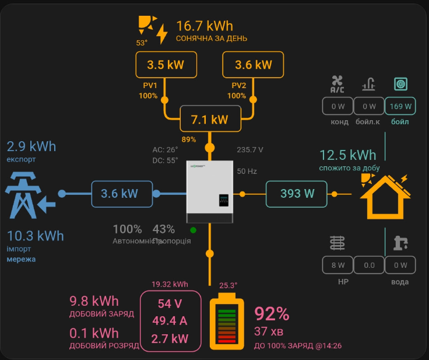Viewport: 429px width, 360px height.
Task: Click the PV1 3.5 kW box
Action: tap(166, 65)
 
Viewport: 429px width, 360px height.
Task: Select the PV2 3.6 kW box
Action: tap(254, 65)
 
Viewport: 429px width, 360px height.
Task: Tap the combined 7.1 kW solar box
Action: tap(210, 120)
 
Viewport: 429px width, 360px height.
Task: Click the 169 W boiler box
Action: tap(400, 106)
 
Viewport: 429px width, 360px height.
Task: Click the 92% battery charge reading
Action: tap(272, 314)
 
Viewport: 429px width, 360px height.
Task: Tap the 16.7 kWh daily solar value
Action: tap(204, 26)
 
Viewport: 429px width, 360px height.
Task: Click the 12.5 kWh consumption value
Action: tap(348, 155)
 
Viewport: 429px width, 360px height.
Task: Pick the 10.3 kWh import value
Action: tap(36, 236)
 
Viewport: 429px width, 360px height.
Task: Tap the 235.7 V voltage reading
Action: tap(250, 150)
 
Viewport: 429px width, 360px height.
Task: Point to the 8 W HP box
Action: tap(337, 265)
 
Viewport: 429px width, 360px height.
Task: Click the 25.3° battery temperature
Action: tap(228, 285)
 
